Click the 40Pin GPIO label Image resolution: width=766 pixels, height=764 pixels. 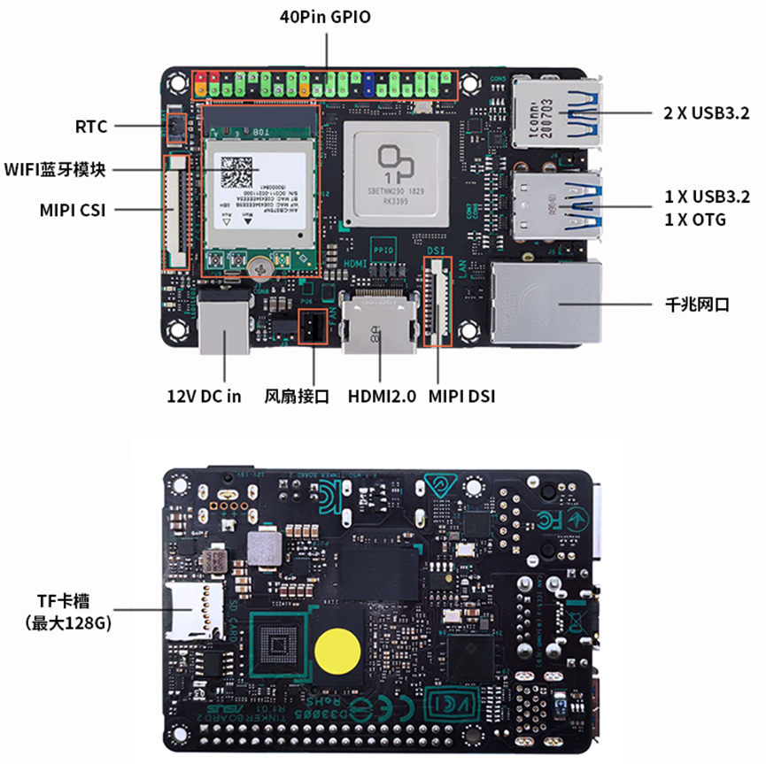[x=324, y=16]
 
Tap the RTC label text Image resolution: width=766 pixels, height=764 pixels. [x=91, y=127]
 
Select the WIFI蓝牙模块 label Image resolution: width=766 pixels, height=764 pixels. [x=55, y=169]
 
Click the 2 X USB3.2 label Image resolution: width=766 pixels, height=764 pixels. [x=706, y=113]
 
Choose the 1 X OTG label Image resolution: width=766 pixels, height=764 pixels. [x=695, y=220]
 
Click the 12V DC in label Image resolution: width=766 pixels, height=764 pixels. [x=205, y=396]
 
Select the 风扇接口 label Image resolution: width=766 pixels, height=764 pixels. [x=297, y=396]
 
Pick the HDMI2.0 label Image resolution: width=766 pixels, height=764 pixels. [x=382, y=396]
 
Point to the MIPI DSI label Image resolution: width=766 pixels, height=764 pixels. [x=461, y=396]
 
